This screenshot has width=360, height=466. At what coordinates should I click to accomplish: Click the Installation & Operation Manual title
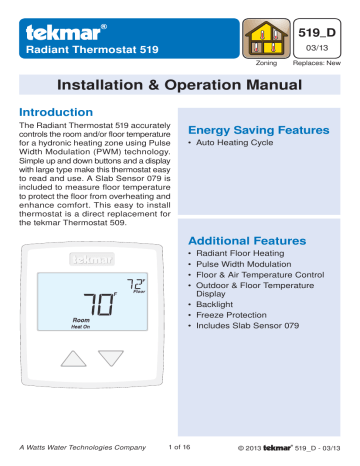(179, 86)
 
